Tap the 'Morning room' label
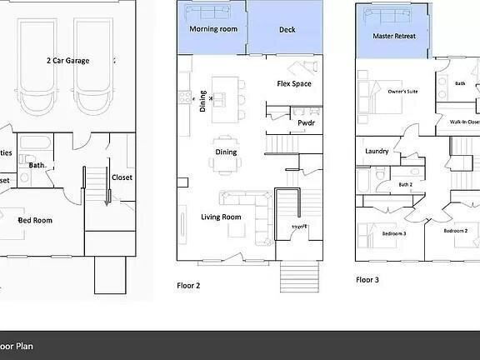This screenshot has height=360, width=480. tap(209, 29)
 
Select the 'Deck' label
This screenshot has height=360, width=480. tap(287, 29)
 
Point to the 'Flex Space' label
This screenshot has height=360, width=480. tap(293, 84)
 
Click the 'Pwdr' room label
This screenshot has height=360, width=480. tap(306, 123)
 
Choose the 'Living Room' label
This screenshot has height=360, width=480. tap(221, 217)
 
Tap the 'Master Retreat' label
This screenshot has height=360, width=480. tap(394, 37)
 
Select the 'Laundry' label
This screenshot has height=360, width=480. tap(377, 151)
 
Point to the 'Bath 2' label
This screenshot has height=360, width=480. tap(405, 185)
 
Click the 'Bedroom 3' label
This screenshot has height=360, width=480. tap(394, 232)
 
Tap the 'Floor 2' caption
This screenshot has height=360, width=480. tap(189, 284)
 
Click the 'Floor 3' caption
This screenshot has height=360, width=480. tap(367, 280)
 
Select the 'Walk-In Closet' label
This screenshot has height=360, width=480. tap(464, 122)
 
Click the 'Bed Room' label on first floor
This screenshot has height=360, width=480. tap(35, 220)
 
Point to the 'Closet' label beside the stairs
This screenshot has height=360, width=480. tap(122, 177)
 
